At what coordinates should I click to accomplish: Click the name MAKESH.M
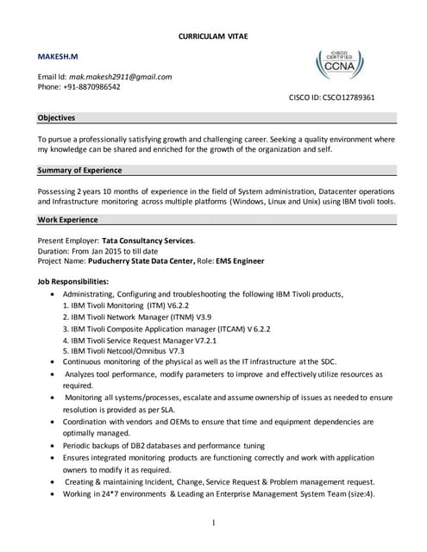57,56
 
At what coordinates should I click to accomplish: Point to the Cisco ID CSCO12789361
343,97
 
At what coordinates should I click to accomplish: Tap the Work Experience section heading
68,220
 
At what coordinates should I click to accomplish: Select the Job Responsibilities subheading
73,282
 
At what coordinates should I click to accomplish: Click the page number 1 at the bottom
212,523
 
